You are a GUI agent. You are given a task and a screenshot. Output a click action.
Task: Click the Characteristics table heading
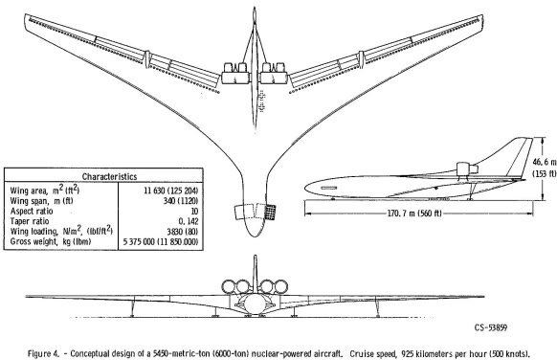(x=109, y=176)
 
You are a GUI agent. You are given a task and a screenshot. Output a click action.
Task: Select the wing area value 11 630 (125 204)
(x=171, y=191)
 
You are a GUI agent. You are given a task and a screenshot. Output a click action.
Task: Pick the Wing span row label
(x=41, y=201)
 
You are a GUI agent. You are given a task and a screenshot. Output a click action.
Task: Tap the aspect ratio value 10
(x=194, y=211)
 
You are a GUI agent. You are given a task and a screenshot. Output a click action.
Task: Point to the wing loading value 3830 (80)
(x=182, y=232)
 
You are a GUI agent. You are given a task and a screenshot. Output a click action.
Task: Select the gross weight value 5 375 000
(x=139, y=242)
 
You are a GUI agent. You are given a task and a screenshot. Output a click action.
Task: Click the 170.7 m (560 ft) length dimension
(x=414, y=214)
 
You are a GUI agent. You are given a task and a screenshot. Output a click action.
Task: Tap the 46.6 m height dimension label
(x=544, y=162)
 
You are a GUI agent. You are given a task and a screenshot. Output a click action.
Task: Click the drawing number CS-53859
(x=491, y=327)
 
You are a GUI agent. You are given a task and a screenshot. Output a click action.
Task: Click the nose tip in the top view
(x=255, y=236)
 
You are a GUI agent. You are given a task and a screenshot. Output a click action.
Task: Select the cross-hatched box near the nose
(x=271, y=212)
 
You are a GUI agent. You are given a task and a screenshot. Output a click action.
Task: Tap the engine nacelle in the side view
(x=466, y=169)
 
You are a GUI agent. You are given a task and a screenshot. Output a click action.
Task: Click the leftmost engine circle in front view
(x=229, y=287)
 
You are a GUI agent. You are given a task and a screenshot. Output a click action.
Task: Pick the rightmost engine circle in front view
(x=281, y=287)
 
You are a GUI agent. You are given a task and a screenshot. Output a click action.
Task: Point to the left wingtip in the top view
(x=25, y=15)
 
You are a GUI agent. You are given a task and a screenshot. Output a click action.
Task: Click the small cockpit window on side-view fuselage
(x=328, y=188)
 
